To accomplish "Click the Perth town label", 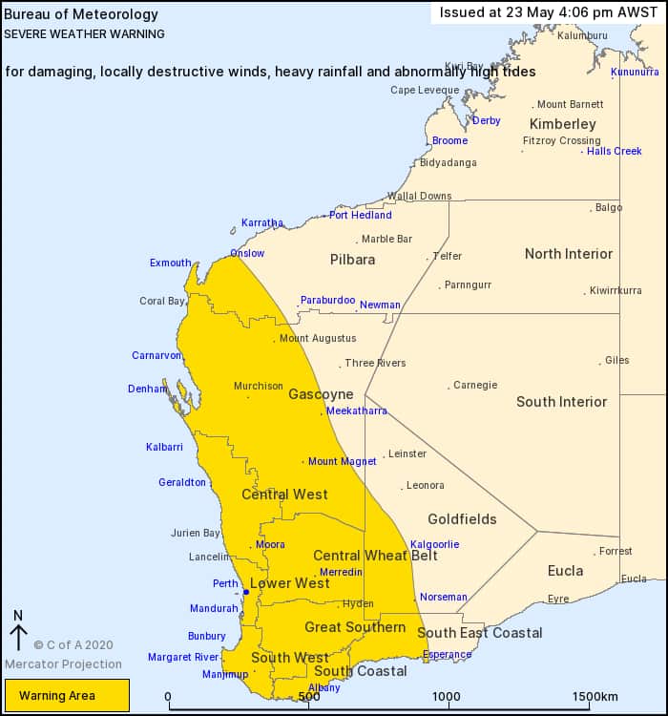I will (x=225, y=584).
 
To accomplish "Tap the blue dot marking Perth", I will (x=245, y=592).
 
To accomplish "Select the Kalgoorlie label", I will (x=434, y=545).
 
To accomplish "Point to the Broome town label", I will (x=449, y=141).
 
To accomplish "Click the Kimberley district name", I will (x=563, y=124).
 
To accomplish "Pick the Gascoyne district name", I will (x=321, y=394).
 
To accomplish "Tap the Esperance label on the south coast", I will (x=448, y=655).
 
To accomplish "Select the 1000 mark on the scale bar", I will (x=447, y=697).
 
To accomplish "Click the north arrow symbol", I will (x=18, y=633).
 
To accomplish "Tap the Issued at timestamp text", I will (x=549, y=12).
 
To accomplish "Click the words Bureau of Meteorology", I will (x=68, y=15).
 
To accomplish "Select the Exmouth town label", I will (x=170, y=263).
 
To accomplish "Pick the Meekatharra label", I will (x=357, y=411).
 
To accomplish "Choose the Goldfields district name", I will (x=462, y=519).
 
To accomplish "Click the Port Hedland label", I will (x=361, y=216).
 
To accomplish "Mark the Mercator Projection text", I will (x=63, y=664).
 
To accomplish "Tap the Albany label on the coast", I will (x=324, y=688).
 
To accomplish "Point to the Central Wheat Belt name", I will (x=375, y=556).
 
